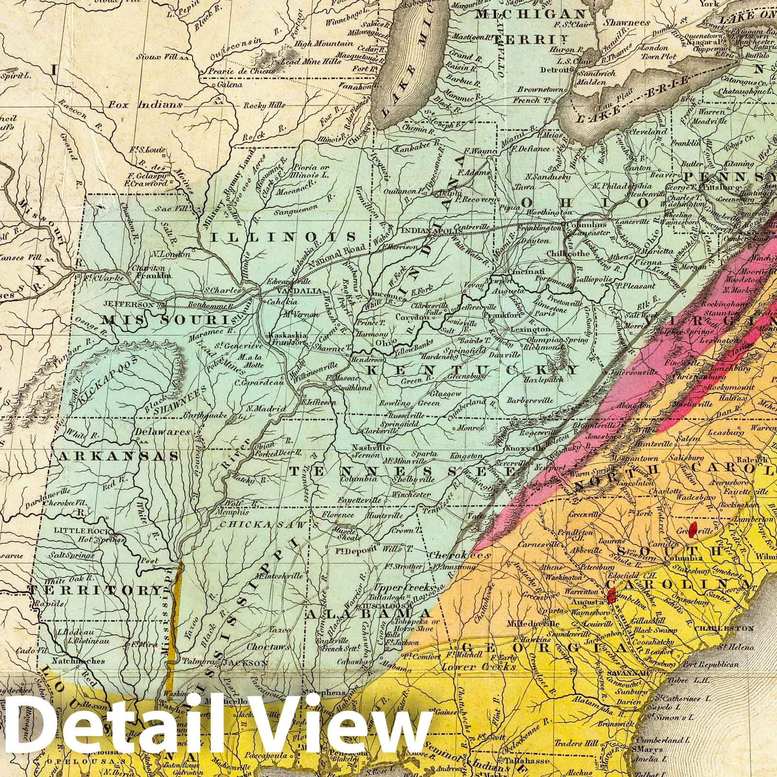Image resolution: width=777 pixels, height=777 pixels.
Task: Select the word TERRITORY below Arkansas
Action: click(95, 591)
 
